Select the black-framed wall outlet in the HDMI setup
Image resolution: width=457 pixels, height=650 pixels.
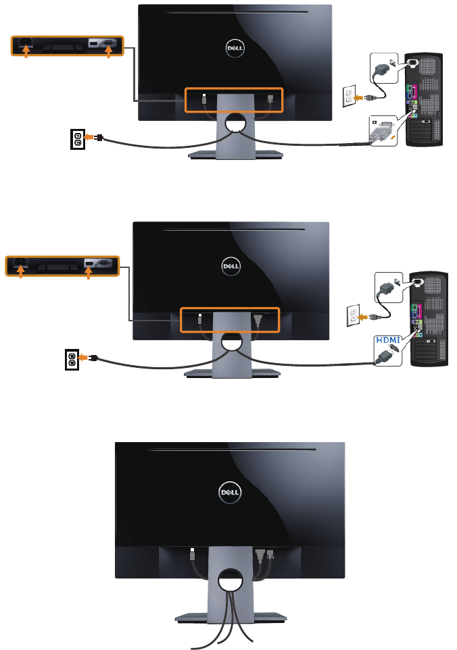pyautogui.click(x=72, y=360)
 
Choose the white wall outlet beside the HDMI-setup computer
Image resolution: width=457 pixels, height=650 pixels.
pyautogui.click(x=351, y=315)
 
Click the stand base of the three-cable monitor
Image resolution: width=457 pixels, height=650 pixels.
pyautogui.click(x=230, y=618)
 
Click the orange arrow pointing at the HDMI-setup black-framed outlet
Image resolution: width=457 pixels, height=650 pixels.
pyautogui.click(x=84, y=358)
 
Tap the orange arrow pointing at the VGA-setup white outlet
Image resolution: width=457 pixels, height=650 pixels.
pyautogui.click(x=361, y=97)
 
